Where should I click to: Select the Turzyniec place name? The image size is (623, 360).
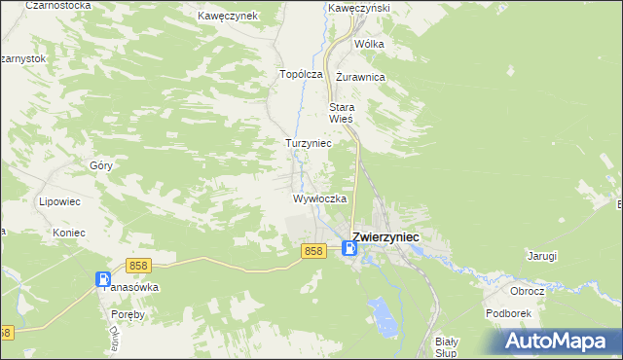[309, 143]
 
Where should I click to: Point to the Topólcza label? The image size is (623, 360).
[301, 74]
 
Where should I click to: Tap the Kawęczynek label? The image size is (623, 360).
[227, 17]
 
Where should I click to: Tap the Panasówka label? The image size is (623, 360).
[131, 288]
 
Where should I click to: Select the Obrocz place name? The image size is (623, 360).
[527, 291]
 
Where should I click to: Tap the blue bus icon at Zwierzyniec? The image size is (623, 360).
[350, 250]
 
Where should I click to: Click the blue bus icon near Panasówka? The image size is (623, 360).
[103, 280]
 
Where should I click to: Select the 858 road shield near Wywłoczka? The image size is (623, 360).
[312, 251]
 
